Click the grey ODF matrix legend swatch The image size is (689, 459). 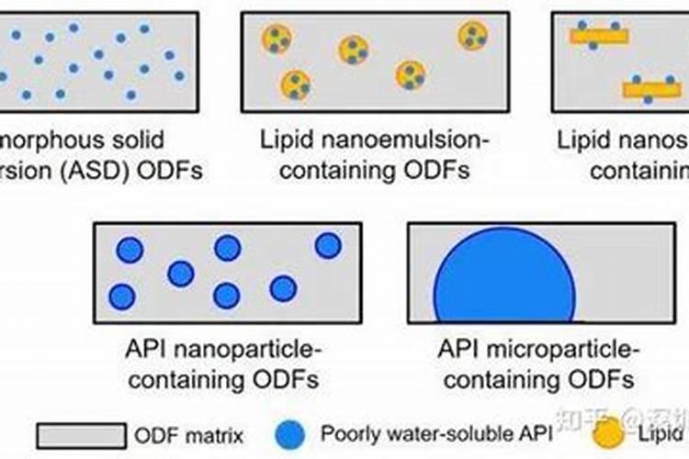[x=81, y=434]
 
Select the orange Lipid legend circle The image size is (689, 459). [x=606, y=432]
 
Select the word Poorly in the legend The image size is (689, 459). [x=349, y=434]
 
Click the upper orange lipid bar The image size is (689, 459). [x=599, y=37]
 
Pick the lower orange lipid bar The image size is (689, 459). [x=651, y=90]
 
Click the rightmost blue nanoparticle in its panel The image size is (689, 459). [x=328, y=245]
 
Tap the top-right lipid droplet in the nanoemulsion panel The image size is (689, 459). [x=472, y=36]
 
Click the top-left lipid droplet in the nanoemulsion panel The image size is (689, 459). [x=276, y=39]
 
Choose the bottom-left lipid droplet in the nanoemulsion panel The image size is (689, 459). [x=295, y=84]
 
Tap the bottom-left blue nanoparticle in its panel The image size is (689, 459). [x=121, y=296]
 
